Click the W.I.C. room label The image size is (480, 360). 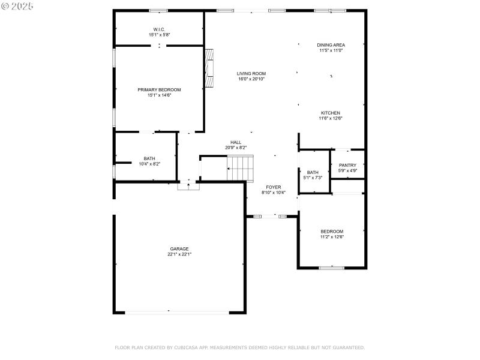coord(159,29)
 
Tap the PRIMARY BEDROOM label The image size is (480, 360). coord(159,89)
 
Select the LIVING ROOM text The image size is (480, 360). coord(251,73)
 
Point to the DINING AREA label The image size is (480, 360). coord(331,45)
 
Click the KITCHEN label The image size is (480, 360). coord(331,113)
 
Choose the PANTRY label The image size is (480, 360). coord(347,166)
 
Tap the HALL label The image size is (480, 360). coord(236,142)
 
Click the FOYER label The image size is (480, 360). coord(274,187)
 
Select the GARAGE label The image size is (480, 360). coord(179,248)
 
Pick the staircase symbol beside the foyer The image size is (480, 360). coord(240,167)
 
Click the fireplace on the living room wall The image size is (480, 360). coord(209,68)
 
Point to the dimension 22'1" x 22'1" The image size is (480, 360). coord(179,254)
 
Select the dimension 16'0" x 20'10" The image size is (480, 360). coord(251,79)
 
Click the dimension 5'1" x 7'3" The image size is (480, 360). coord(313,178)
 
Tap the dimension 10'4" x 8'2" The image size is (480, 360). coord(149,164)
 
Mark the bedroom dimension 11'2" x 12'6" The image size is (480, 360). coord(332,237)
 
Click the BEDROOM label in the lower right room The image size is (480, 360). coord(332,232)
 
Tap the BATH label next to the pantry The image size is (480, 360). coord(313,172)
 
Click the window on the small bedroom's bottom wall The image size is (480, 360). coord(331,268)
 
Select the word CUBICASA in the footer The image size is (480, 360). coord(191,347)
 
